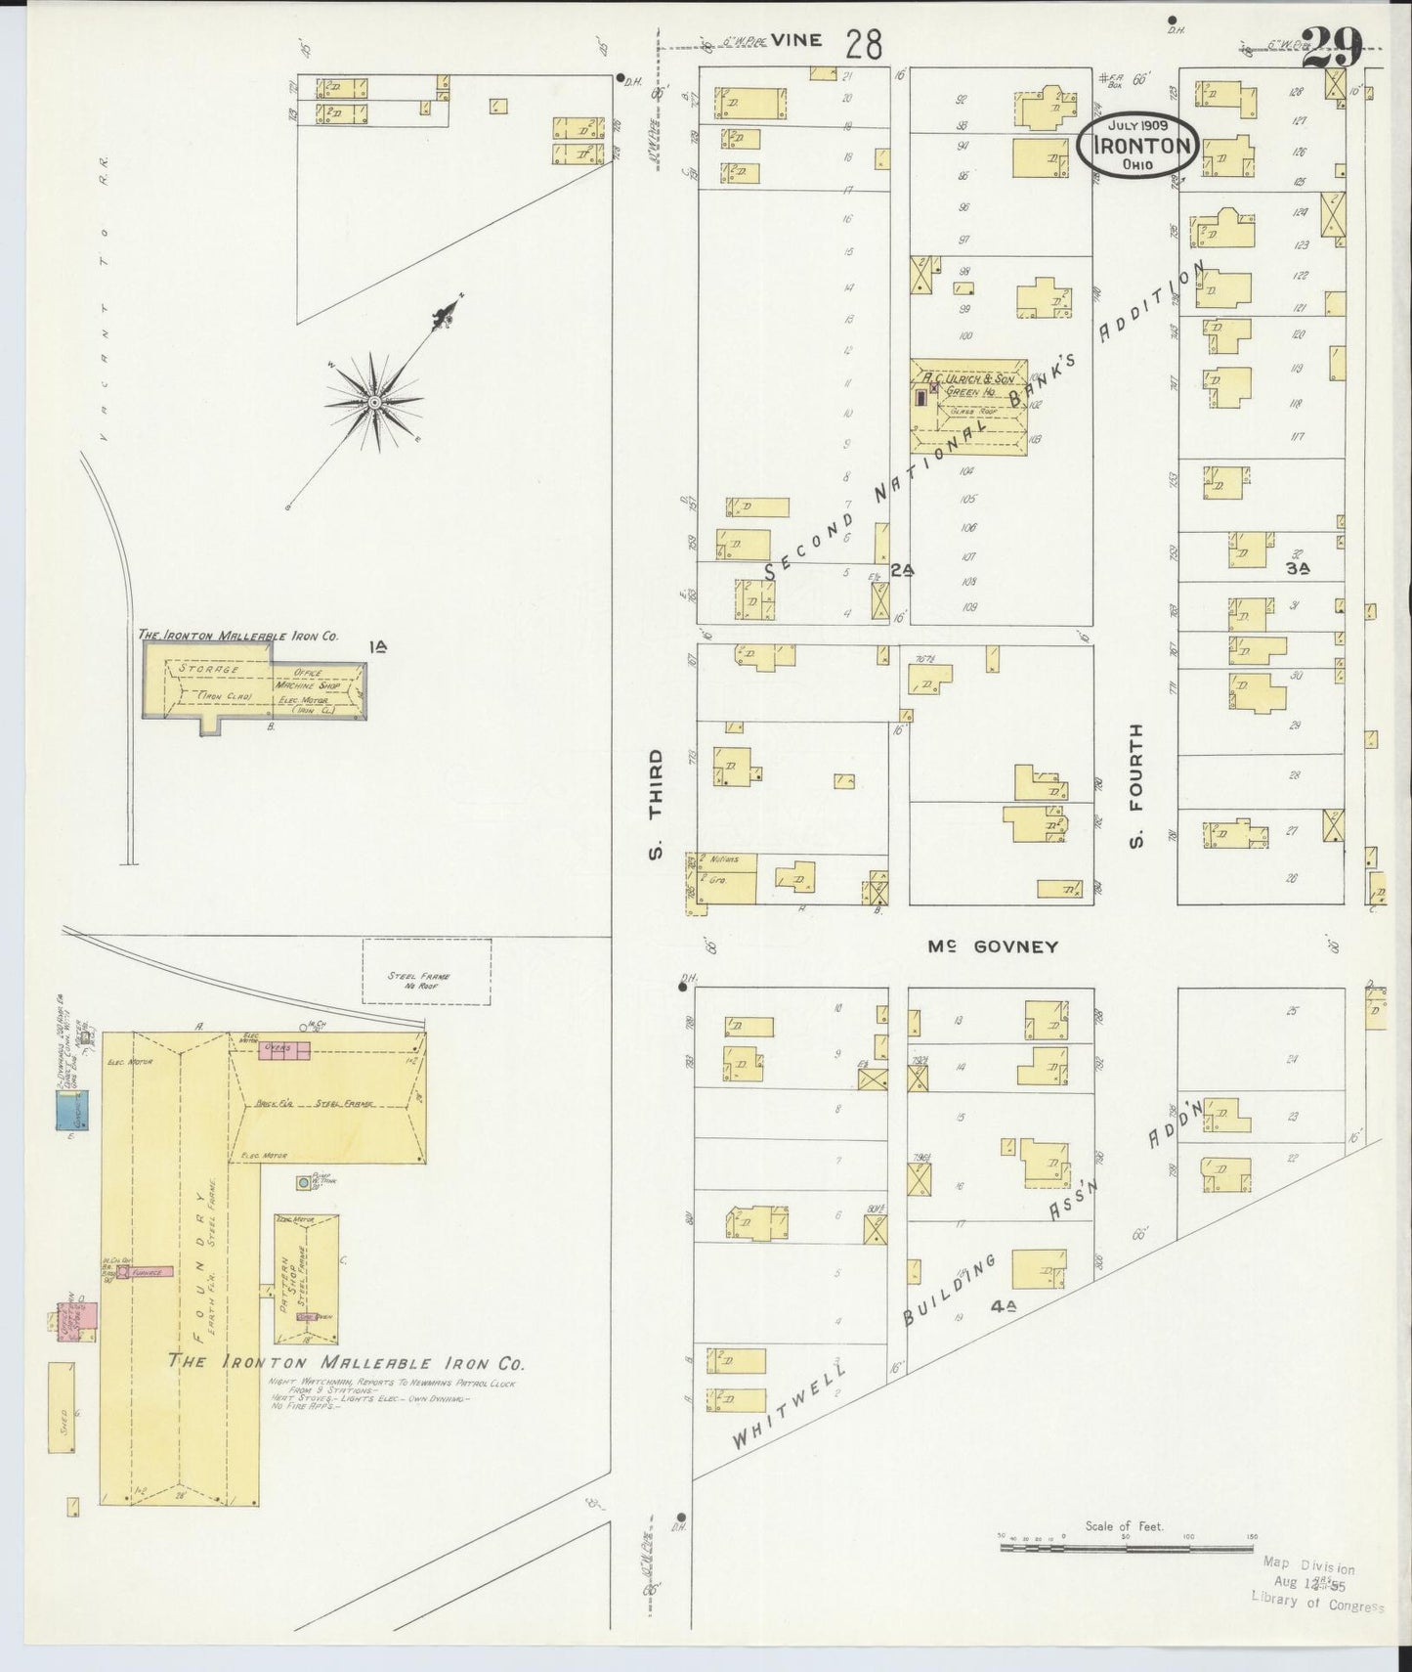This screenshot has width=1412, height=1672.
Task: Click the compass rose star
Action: (x=374, y=401)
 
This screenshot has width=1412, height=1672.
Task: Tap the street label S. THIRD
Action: (x=656, y=804)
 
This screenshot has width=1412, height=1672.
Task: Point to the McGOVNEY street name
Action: (x=993, y=946)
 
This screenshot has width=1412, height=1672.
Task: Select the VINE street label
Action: (x=796, y=40)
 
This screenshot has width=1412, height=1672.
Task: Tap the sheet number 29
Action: (x=1333, y=47)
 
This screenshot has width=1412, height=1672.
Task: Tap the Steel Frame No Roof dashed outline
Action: (x=426, y=971)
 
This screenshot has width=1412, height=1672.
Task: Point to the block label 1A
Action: (x=378, y=646)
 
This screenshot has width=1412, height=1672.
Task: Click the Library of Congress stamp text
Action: (x=1318, y=1601)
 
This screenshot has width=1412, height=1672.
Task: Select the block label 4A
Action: (x=1003, y=1306)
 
